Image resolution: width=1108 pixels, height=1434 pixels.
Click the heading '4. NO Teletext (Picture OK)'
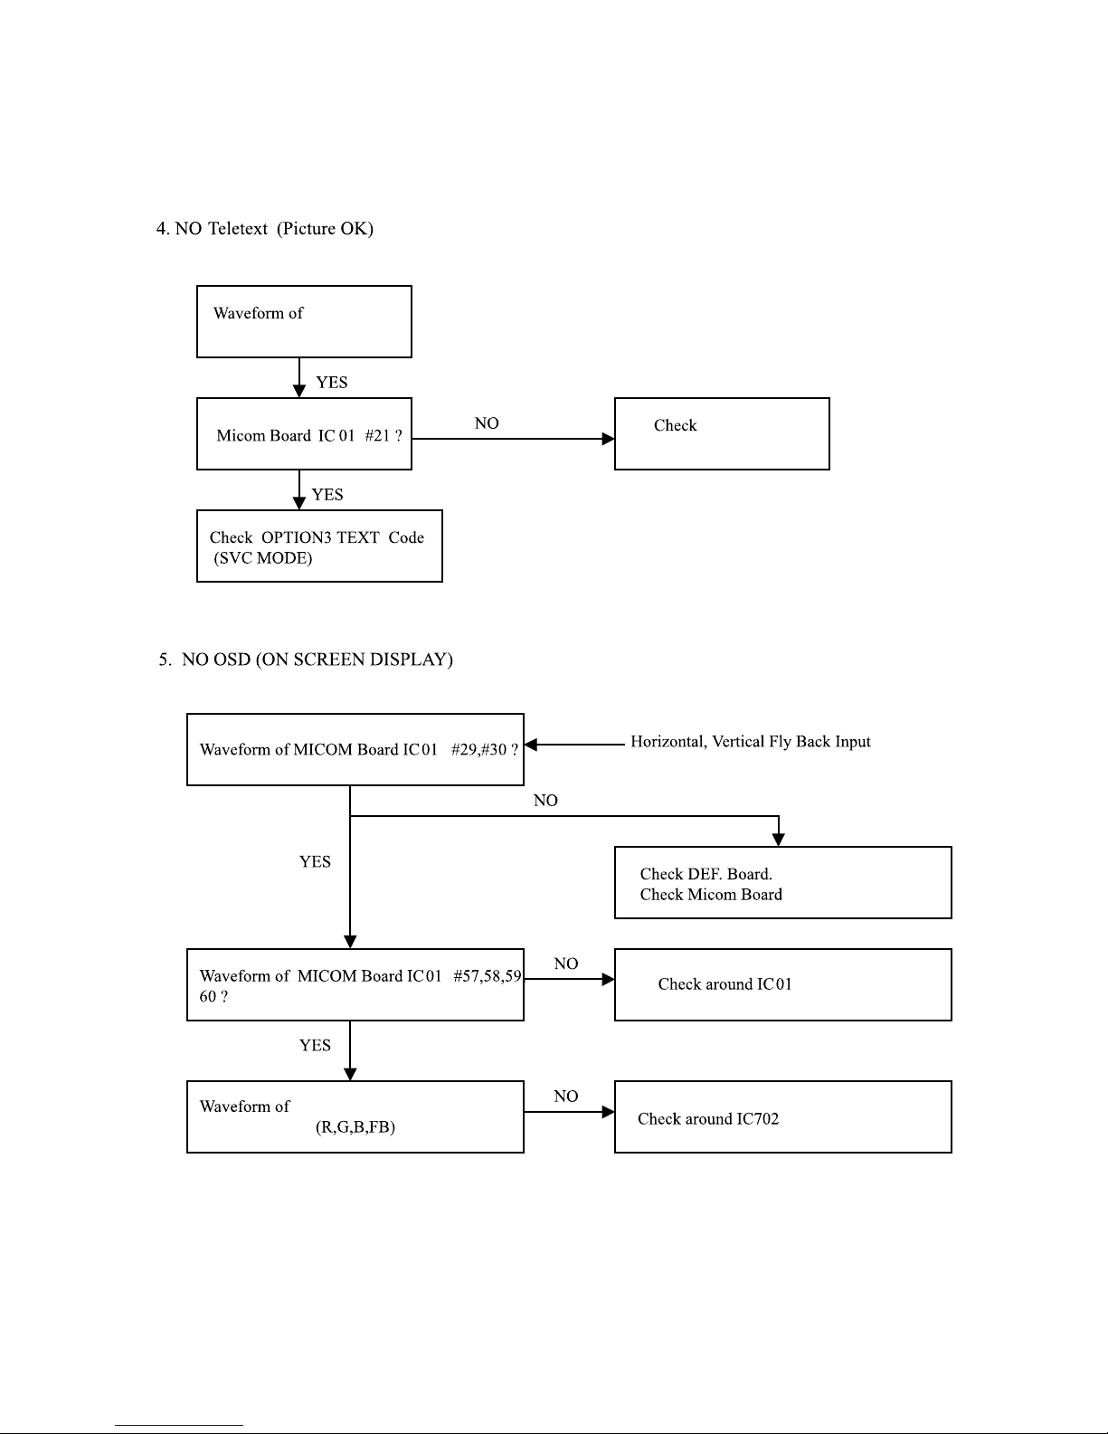coord(264,228)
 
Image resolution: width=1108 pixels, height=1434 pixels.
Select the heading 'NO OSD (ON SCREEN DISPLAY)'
coord(317,660)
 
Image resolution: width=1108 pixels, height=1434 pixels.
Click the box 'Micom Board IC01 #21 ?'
coord(304,433)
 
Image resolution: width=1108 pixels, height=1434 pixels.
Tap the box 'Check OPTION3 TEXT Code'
coord(319,546)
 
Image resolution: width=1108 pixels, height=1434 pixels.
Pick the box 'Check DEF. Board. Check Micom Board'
coord(783,882)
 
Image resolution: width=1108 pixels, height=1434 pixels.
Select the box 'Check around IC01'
coord(783,984)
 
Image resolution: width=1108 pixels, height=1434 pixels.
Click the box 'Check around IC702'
coord(783,1116)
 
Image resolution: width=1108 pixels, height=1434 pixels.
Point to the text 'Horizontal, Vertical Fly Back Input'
coord(751,742)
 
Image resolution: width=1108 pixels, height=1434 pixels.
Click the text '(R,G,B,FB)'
coord(355,1126)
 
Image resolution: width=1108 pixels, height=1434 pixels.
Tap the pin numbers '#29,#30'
coord(478,749)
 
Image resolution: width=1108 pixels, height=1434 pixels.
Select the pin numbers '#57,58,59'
coord(488,976)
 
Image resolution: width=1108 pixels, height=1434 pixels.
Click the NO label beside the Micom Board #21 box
coord(487,423)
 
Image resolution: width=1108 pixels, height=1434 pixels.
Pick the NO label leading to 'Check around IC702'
coord(566,1097)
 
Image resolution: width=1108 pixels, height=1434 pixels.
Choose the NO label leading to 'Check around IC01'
coord(566,964)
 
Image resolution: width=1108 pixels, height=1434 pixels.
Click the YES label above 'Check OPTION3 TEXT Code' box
coord(327,494)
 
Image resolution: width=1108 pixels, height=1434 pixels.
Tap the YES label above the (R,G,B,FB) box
coord(315,1045)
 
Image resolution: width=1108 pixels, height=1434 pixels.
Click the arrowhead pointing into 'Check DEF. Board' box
coord(778,840)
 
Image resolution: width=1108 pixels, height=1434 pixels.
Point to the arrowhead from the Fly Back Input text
coord(531,745)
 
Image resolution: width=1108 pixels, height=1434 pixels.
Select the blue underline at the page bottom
coord(179,1425)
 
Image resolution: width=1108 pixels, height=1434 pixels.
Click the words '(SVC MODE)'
coord(262,557)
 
